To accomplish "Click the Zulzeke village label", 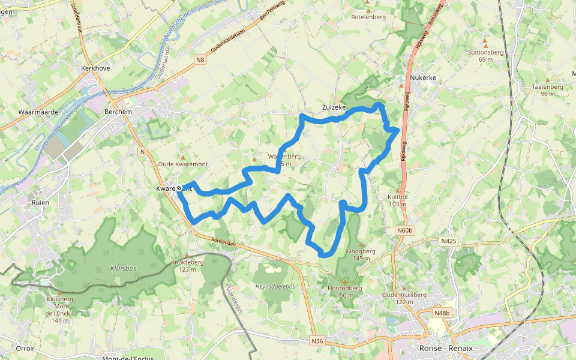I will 334,107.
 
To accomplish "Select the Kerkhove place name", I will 95,69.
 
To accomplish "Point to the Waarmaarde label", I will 38,112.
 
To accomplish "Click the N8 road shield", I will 200,59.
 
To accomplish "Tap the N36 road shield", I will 317,341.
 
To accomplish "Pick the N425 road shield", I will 448,241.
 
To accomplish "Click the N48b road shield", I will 441,313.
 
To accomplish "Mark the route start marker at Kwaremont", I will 179,188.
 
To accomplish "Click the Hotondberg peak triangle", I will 344,281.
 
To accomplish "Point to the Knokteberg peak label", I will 188,262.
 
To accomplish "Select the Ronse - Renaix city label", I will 445,349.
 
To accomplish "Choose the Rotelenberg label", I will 368,17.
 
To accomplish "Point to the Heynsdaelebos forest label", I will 275,287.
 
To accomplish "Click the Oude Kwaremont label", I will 182,164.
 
